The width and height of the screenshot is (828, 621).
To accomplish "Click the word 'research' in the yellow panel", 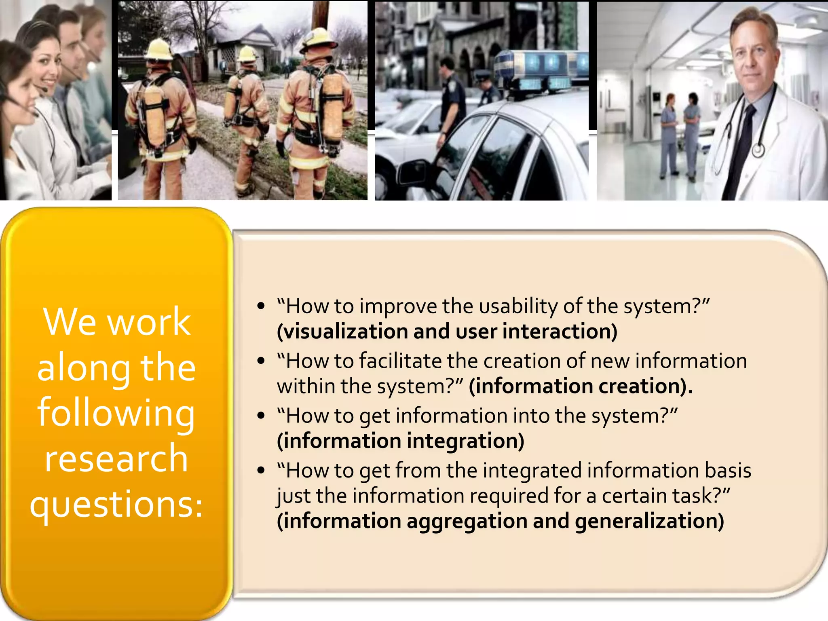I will [116, 459].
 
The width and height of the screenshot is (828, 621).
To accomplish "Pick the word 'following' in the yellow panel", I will [116, 413].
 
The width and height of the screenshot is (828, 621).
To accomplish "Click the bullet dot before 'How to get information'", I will [261, 416].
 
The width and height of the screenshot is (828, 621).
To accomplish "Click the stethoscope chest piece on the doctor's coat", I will [758, 151].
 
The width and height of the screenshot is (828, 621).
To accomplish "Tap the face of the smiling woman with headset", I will [46, 69].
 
